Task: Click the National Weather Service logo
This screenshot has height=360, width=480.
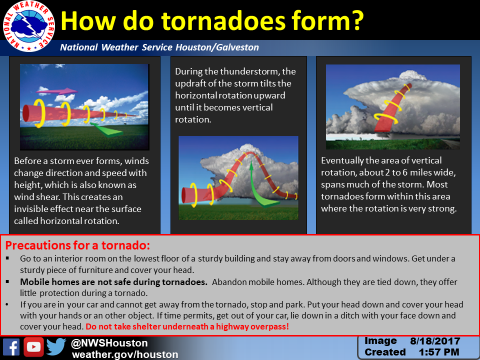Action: pyautogui.click(x=29, y=26)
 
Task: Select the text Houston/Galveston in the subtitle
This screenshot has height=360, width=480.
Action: pyautogui.click(x=217, y=47)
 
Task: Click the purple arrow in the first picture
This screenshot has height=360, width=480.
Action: pyautogui.click(x=57, y=91)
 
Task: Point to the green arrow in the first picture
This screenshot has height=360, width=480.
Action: pyautogui.click(x=107, y=129)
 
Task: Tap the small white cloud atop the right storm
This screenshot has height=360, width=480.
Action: pyautogui.click(x=411, y=75)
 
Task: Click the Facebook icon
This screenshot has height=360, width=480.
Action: pyautogui.click(x=11, y=347)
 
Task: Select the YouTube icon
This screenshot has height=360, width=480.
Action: pyautogui.click(x=33, y=347)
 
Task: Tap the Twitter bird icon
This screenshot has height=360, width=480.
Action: pyautogui.click(x=56, y=347)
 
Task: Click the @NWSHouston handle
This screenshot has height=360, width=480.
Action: pyautogui.click(x=109, y=343)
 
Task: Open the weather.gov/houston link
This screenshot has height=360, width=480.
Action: pyautogui.click(x=125, y=354)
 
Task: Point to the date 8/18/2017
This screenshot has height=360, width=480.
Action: pyautogui.click(x=435, y=341)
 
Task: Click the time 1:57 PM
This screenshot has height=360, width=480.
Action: pyautogui.click(x=439, y=352)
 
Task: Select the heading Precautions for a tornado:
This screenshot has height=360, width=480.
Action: pyautogui.click(x=77, y=245)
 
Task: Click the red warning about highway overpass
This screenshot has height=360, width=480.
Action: pyautogui.click(x=187, y=326)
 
